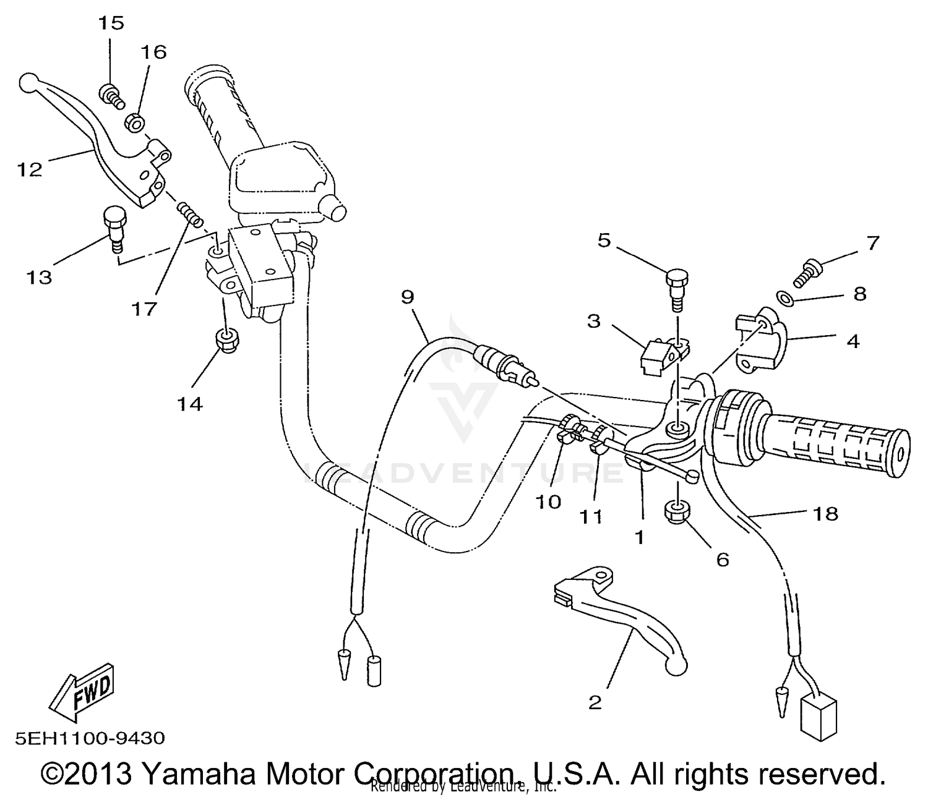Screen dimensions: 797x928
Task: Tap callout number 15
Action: tap(111, 23)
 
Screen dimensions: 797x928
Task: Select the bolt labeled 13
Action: tap(113, 227)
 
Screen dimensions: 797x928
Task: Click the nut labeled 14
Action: tap(226, 340)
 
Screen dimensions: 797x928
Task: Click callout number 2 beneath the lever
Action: tap(595, 703)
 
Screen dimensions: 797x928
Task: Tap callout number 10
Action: tap(548, 501)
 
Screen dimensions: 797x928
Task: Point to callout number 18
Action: tap(826, 513)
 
